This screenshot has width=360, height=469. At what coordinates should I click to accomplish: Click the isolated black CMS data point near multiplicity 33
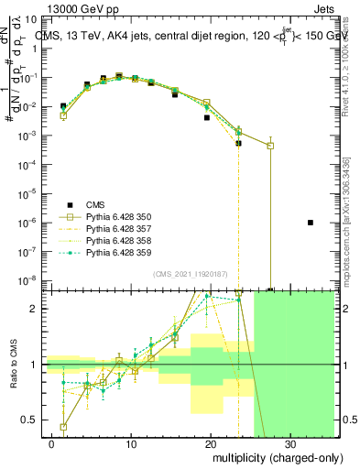coord(311,223)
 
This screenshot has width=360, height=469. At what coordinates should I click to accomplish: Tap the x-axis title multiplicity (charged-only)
coord(272,456)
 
